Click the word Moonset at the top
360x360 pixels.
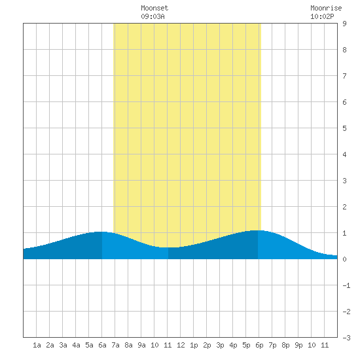click(x=154, y=8)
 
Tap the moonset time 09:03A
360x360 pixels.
click(x=153, y=16)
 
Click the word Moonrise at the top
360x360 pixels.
click(x=326, y=8)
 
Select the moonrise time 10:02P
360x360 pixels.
click(x=322, y=16)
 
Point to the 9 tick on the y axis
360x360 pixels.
click(x=344, y=24)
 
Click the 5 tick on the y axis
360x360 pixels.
click(x=344, y=128)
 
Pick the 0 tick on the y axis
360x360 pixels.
click(x=344, y=259)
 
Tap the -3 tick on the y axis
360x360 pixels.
click(x=346, y=338)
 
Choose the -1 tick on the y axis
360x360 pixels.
click(x=346, y=285)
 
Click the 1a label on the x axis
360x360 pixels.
click(x=37, y=345)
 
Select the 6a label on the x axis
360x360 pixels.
click(x=102, y=345)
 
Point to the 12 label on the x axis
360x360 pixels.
click(x=181, y=345)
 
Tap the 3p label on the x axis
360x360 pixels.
click(x=220, y=345)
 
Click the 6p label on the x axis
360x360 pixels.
click(x=259, y=345)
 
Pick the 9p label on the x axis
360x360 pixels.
click(x=298, y=345)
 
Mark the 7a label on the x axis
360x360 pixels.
click(x=115, y=345)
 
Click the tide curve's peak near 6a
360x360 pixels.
click(x=101, y=232)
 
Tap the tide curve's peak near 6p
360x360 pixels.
click(x=258, y=230)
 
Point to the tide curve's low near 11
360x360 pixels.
click(x=168, y=247)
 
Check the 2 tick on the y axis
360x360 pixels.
click(x=344, y=207)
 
